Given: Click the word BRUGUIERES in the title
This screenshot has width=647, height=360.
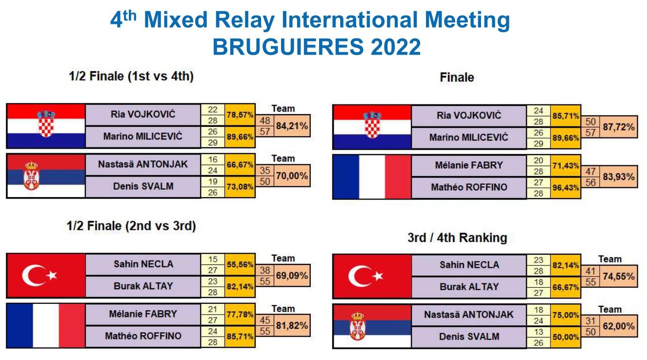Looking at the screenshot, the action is (288, 47).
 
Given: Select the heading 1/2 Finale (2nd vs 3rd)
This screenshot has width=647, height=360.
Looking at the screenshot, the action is (131, 226).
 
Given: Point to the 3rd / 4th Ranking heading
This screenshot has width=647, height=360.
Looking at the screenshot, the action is (457, 238).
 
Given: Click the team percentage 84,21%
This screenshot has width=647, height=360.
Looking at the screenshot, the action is (292, 126).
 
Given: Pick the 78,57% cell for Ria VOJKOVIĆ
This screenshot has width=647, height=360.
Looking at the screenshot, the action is (240, 115).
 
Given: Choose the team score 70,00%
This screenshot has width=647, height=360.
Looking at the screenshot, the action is (292, 176).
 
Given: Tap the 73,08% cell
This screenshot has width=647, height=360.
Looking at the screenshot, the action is (240, 187).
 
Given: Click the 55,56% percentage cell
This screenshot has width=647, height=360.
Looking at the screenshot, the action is (240, 264).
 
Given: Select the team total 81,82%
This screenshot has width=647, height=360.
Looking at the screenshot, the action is (292, 325).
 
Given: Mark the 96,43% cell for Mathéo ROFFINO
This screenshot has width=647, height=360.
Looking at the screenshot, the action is (566, 188).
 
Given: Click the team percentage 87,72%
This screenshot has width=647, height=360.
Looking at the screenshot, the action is (618, 127).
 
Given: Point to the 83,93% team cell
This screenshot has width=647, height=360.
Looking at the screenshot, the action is (618, 177).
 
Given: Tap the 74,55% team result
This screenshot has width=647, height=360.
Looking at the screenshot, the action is (618, 276).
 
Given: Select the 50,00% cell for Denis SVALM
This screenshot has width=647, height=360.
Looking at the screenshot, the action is (566, 337).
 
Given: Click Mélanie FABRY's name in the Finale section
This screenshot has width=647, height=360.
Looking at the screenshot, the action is (469, 165).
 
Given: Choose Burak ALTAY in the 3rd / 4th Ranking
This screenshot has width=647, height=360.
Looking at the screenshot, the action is (469, 287).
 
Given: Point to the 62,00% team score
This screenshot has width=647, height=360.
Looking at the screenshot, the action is (618, 326).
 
